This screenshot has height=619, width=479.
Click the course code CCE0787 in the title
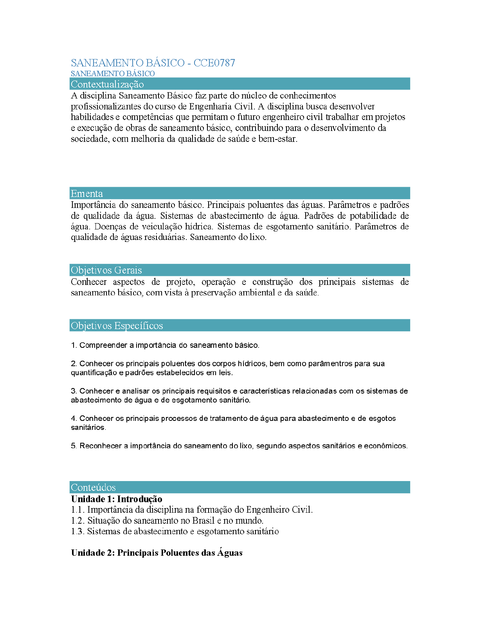pos(214,63)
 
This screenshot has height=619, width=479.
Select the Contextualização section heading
pos(107,84)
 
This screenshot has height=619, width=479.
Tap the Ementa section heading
pos(87,193)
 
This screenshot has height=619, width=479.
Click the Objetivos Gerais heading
pos(106,270)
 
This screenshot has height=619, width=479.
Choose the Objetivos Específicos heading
pos(117,326)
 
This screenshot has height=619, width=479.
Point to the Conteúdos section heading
pos(93,487)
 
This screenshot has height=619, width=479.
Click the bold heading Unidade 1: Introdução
pos(116,499)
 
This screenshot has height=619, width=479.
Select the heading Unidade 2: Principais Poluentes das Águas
pos(157,553)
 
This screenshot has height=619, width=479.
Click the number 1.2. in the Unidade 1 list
pos(78,521)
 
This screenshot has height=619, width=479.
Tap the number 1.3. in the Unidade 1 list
pos(78,531)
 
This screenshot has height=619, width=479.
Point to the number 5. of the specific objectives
pos(74,446)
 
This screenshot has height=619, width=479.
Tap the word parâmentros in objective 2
pos(330,364)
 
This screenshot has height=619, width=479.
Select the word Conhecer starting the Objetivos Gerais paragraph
pos(88,282)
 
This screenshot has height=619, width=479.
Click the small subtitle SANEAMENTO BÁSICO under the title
pos(113,73)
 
